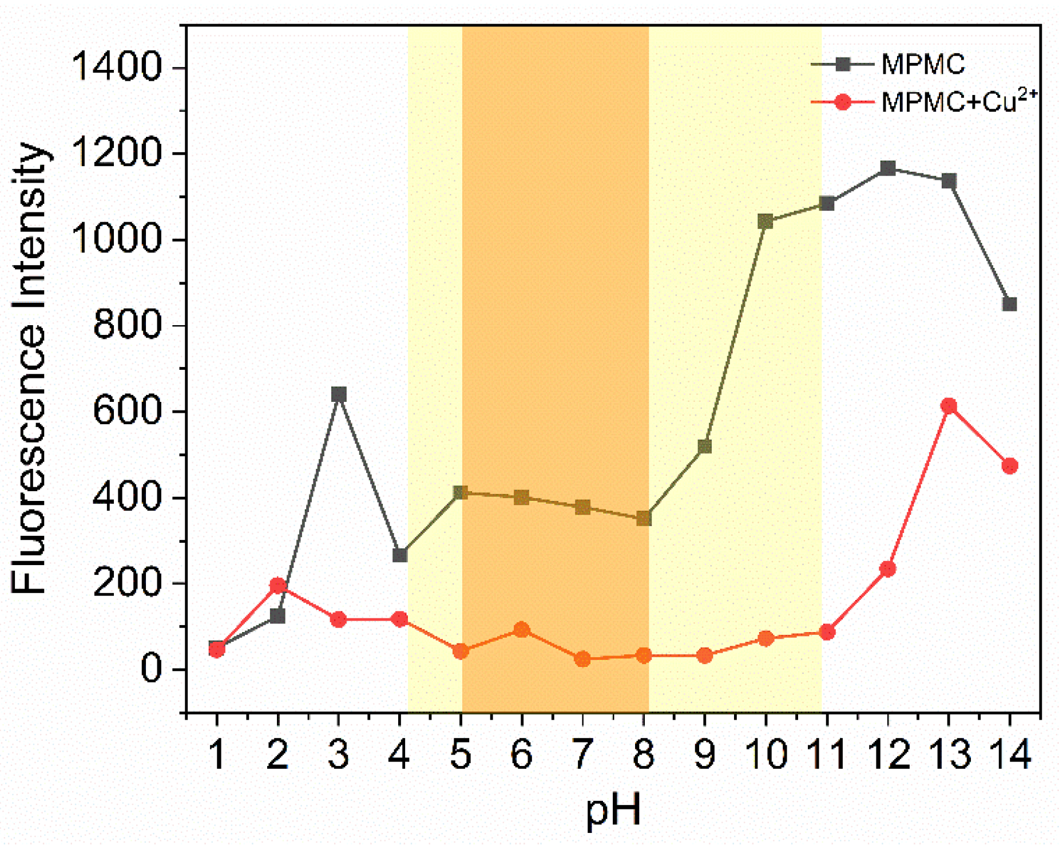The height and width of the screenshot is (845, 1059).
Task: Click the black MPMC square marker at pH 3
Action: point(338,394)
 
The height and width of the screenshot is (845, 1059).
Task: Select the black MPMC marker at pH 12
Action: point(887,168)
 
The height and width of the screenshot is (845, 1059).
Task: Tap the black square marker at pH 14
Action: point(1009,304)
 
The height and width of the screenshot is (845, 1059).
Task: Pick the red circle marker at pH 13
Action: point(949,406)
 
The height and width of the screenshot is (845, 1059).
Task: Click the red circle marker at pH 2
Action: point(277,585)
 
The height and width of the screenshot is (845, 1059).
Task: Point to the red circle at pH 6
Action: point(521,630)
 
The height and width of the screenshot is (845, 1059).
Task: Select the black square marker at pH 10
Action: point(765,222)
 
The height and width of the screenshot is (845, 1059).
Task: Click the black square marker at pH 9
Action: point(704,446)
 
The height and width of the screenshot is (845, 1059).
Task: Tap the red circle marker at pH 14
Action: point(1009,465)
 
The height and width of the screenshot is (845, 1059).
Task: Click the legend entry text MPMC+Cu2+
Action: point(958,102)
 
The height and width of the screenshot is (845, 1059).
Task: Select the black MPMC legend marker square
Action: point(842,64)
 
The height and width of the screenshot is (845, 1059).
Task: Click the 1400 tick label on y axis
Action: point(117,68)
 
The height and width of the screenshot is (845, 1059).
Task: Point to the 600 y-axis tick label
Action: point(127,411)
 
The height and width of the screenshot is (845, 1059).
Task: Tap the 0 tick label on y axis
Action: point(152,669)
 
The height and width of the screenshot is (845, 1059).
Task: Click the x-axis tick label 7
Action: point(582,754)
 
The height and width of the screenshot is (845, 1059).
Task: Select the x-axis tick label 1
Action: point(217,754)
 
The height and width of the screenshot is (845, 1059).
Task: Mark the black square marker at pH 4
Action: point(399,555)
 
